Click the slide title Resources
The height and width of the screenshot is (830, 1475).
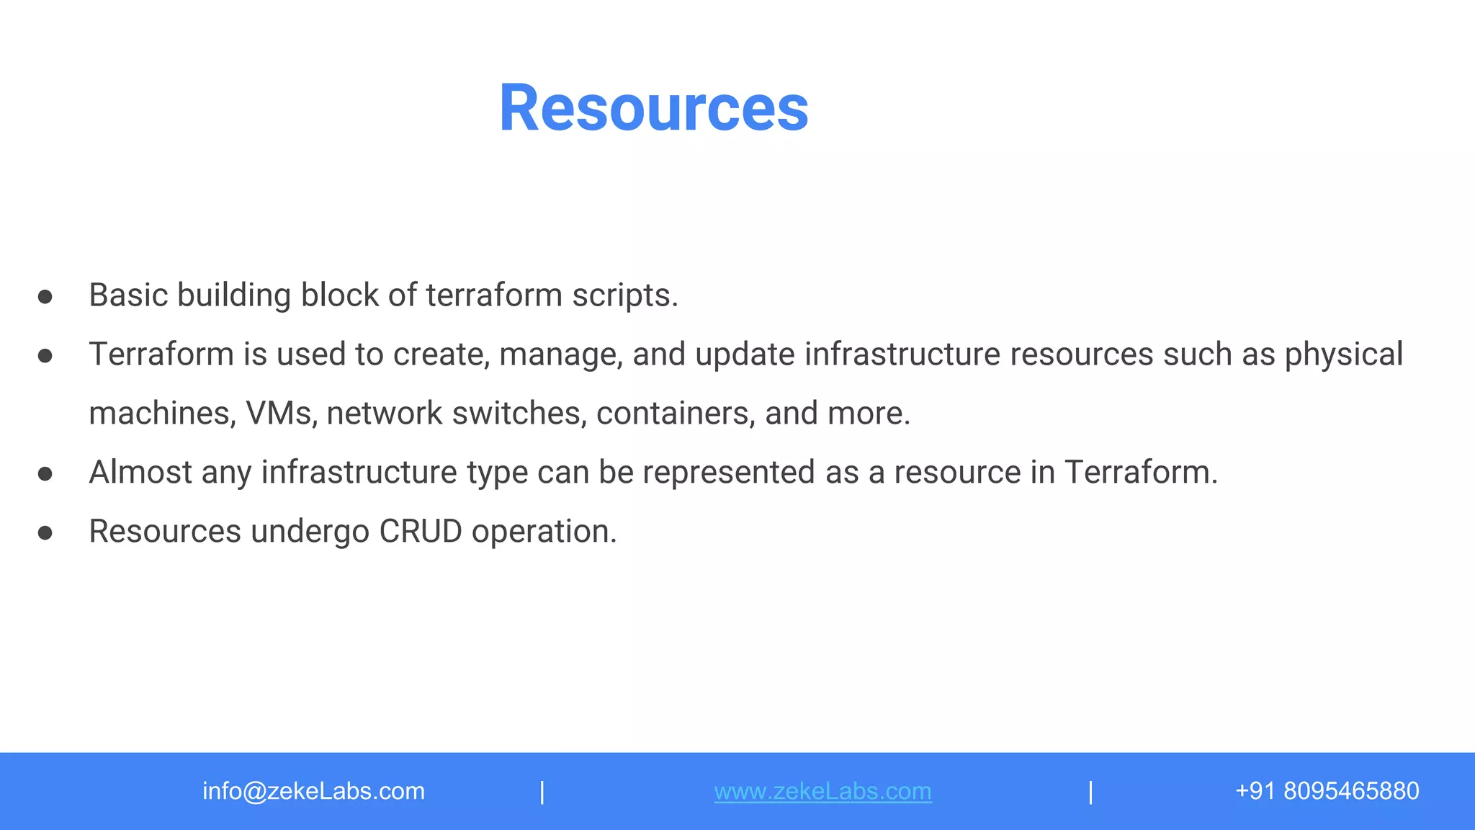click(x=653, y=108)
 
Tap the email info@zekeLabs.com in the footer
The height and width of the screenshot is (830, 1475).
click(x=313, y=791)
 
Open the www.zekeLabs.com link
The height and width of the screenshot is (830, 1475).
click(x=822, y=791)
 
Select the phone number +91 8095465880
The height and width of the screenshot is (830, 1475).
click(x=1327, y=791)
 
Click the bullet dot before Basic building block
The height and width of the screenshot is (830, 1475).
click(x=45, y=297)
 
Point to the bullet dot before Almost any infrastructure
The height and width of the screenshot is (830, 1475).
click(x=45, y=474)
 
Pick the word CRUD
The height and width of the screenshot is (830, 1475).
click(x=421, y=532)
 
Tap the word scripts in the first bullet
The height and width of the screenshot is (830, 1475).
click(x=624, y=295)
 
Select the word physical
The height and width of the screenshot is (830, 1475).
click(x=1344, y=354)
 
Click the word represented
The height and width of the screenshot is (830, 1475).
click(x=729, y=473)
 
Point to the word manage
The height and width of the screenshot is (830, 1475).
click(x=560, y=354)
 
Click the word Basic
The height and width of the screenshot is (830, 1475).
click(x=128, y=295)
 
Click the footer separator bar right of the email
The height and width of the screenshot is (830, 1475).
click(x=542, y=792)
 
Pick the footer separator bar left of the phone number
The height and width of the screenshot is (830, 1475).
click(x=1090, y=792)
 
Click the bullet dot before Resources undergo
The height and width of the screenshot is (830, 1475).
click(x=45, y=533)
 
